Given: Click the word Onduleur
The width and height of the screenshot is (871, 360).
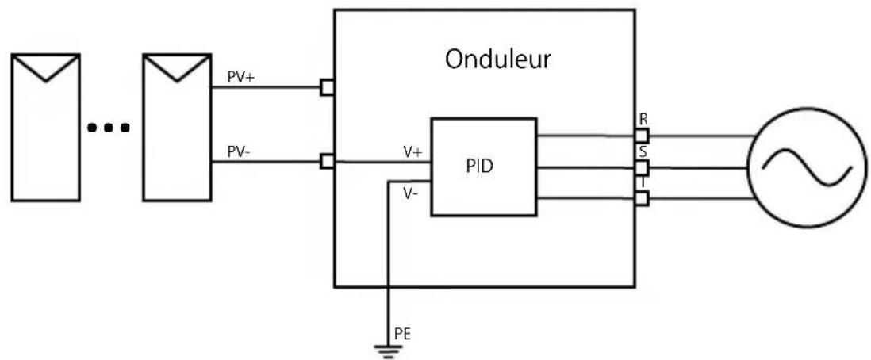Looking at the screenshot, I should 498,60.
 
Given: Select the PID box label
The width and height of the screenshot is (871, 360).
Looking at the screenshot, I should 483,167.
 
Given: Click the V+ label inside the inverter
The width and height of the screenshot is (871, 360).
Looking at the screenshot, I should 412,152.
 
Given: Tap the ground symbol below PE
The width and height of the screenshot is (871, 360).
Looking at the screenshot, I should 386,348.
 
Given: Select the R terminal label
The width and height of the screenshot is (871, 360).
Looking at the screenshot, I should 643,120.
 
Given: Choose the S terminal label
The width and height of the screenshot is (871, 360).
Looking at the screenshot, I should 643,151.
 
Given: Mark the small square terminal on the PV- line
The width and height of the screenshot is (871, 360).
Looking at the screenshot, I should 326,162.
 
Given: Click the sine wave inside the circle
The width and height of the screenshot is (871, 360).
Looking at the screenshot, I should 806,167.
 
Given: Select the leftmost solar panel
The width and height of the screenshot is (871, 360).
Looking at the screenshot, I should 46,127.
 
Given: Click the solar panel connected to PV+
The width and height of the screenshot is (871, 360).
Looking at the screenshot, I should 176,127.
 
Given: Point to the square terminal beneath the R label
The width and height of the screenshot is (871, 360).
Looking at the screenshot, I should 642,136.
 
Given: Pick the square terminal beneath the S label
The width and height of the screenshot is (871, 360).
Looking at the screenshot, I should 642,167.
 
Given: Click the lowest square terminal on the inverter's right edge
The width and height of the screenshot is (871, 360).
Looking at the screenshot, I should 642,199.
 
